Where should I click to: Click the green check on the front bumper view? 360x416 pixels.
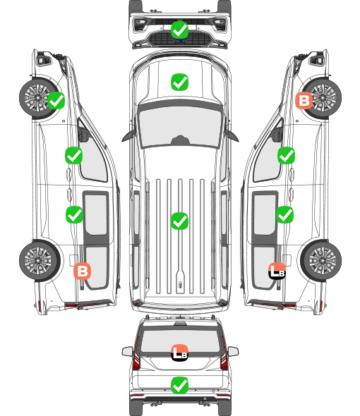coord(180,30)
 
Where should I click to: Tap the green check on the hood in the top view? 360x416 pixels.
coord(180,82)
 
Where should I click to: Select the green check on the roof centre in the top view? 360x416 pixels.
coord(180,221)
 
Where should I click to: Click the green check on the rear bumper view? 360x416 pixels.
coord(180,385)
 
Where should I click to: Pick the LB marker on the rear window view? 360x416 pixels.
coord(180,353)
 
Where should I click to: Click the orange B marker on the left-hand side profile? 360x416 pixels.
coord(83,271)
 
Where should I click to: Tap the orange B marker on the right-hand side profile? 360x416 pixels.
coord(304,101)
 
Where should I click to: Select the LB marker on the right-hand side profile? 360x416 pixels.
coord(277,271)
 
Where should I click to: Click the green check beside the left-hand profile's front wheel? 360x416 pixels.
coord(56,100)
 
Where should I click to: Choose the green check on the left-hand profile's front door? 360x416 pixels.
coord(74,155)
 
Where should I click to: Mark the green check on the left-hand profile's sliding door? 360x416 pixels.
coord(74,214)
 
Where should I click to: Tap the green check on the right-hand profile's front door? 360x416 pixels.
coord(286,155)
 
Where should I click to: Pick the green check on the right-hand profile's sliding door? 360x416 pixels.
coord(285,214)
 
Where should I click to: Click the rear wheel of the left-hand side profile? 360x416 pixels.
coord(40,261)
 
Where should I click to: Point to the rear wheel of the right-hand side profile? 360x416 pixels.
coord(321,261)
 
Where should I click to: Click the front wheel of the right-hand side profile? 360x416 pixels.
coord(321,98)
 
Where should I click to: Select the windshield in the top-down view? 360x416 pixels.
coord(180,126)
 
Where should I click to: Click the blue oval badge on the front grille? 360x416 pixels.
coord(180,41)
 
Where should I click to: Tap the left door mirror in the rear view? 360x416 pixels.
coord(128,351)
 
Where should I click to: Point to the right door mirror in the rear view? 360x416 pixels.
coord(233,351)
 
